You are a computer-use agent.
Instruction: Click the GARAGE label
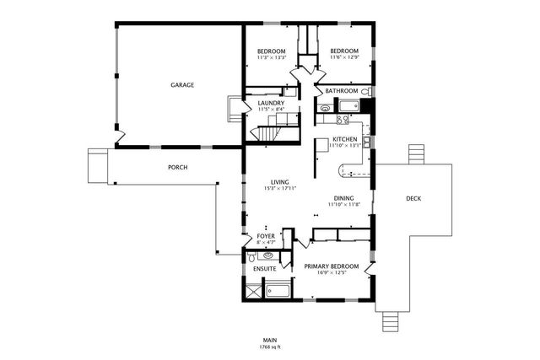tap(182, 85)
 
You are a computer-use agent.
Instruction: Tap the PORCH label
tap(177, 167)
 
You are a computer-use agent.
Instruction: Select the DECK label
tap(413, 199)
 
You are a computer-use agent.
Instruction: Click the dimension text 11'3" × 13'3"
tap(271, 58)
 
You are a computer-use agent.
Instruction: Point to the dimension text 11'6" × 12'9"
tap(343, 58)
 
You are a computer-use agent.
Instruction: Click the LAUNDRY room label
tap(271, 103)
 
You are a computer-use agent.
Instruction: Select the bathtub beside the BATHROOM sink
tap(346, 105)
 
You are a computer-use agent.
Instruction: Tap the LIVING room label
tap(280, 182)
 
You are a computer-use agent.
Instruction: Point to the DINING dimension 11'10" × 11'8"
tap(344, 205)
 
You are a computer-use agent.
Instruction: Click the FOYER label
tap(266, 237)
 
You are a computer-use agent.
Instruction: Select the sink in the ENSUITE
tap(267, 255)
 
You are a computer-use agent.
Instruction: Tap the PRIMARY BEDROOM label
tap(331, 266)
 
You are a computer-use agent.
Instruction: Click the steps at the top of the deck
tap(415, 154)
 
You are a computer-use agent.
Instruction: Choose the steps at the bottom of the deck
tap(389, 321)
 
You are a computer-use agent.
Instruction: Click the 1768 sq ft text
tap(270, 347)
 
